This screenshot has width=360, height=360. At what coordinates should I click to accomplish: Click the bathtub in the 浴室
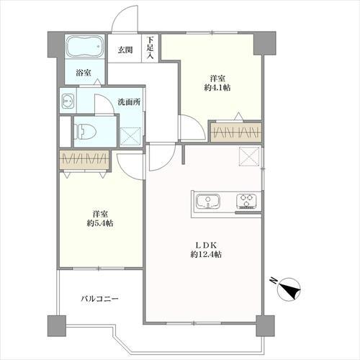point(85,47)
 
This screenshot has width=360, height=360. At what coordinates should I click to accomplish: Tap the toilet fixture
point(85,132)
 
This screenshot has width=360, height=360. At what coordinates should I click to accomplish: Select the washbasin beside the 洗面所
point(68,101)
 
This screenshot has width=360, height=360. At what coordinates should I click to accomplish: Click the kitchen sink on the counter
point(208,201)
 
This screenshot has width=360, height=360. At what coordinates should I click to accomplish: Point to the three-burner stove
point(247,201)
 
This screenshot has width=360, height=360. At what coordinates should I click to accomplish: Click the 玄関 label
point(125,50)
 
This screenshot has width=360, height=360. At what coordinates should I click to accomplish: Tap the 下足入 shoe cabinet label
point(150,48)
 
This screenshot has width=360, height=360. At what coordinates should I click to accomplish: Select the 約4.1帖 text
point(217,88)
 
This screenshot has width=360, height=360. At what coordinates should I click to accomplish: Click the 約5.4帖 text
point(100,223)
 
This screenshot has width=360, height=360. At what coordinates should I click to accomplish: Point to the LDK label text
point(206,246)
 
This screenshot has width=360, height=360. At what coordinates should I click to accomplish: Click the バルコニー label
point(99,299)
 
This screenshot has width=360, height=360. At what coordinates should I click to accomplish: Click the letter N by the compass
point(273,280)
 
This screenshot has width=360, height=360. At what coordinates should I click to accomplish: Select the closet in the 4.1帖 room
point(236,132)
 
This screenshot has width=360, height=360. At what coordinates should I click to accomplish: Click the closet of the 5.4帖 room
point(84,159)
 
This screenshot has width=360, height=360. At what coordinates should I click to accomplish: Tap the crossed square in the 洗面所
point(130,136)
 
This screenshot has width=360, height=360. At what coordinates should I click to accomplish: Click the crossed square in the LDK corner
point(250,156)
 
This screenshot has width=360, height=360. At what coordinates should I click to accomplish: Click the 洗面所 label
point(129,102)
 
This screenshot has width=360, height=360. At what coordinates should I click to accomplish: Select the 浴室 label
point(84,73)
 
